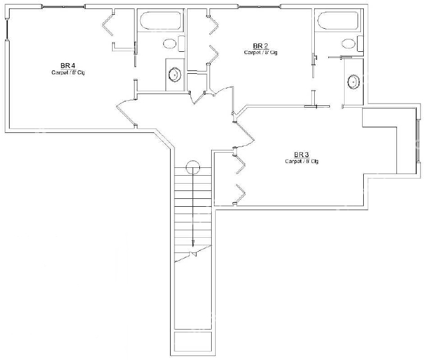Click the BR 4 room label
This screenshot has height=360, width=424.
[x=68, y=66]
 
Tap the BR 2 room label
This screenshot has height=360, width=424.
[x=261, y=46]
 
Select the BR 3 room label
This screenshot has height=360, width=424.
[x=301, y=155]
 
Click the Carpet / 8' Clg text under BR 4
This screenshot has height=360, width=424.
[x=68, y=73]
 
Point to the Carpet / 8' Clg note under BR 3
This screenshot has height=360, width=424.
[x=301, y=161]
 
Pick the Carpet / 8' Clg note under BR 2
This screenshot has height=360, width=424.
[x=261, y=52]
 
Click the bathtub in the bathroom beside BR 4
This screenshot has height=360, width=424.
[x=160, y=20]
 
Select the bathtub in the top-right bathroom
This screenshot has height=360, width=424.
[x=338, y=20]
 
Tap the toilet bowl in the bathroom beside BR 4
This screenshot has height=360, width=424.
[x=170, y=44]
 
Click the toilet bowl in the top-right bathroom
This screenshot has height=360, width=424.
[x=349, y=43]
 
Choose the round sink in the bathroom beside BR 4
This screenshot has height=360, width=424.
[x=175, y=74]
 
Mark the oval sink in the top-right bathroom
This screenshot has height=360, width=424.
[x=354, y=82]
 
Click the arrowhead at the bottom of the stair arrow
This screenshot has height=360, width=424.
[x=193, y=243]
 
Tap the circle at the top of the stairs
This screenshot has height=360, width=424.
[x=193, y=167]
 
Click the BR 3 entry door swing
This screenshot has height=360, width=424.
[x=245, y=135]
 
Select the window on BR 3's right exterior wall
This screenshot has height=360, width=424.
[x=418, y=141]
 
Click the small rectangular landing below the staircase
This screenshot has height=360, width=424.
[x=193, y=342]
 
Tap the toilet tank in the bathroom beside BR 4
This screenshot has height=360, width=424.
[x=181, y=44]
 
